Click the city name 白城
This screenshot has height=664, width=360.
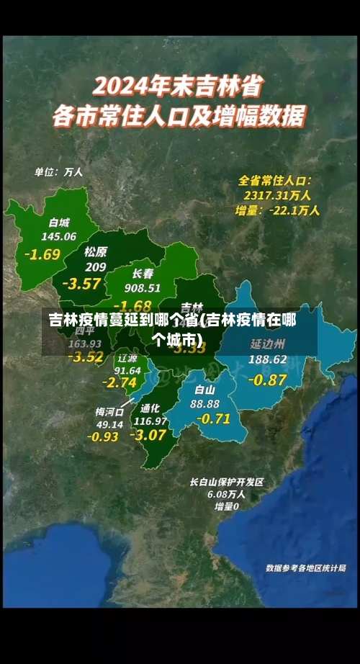tap(60, 222)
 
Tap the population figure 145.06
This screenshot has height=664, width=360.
tap(59, 236)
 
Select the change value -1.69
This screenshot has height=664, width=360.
tap(42, 254)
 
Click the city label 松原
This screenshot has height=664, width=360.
tap(95, 252)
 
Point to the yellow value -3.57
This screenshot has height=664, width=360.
tap(81, 283)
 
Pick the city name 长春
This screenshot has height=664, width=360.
tap(143, 274)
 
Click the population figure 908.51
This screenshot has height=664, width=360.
tap(143, 288)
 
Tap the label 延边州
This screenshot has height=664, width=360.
tap(267, 344)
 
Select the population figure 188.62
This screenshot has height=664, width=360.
tap(267, 359)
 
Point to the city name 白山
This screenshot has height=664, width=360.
tap(205, 390)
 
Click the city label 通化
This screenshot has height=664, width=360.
tap(150, 408)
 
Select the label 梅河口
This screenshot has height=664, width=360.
tap(109, 411)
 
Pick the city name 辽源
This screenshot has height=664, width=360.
tap(127, 358)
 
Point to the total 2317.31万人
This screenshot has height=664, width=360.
tap(276, 194)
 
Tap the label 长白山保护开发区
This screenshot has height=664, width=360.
tap(227, 482)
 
